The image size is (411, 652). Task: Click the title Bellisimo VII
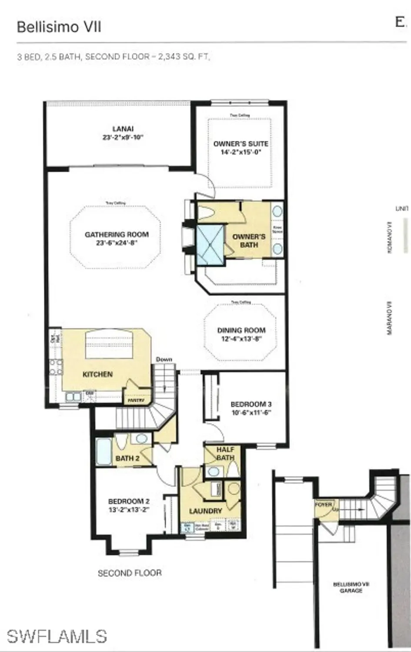pyautogui.click(x=59, y=27)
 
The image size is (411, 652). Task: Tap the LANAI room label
pyautogui.click(x=123, y=129)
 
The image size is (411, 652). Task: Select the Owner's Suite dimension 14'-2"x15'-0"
pyautogui.click(x=241, y=152)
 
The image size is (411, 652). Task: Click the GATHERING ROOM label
pyautogui.click(x=117, y=234)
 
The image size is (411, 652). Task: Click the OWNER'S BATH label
pyautogui.click(x=249, y=241)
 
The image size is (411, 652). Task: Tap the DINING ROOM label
pyautogui.click(x=241, y=330)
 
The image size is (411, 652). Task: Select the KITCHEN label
pyautogui.click(x=97, y=374)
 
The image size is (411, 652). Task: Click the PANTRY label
pyautogui.click(x=136, y=400)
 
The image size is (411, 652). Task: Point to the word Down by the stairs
pyautogui.click(x=164, y=359)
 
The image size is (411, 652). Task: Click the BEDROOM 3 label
pyautogui.click(x=251, y=404)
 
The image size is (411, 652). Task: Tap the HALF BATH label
pyautogui.click(x=225, y=453)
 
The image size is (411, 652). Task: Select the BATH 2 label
pyautogui.click(x=127, y=458)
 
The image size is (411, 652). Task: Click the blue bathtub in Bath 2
pyautogui.click(x=104, y=452)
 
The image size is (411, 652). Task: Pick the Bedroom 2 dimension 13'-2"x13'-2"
pyautogui.click(x=129, y=509)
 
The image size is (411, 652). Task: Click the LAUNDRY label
pyautogui.click(x=205, y=511)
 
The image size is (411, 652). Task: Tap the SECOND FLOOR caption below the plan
pyautogui.click(x=130, y=573)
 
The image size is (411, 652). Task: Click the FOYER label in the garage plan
pyautogui.click(x=323, y=505)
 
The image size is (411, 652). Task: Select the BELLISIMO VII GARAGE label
pyautogui.click(x=351, y=587)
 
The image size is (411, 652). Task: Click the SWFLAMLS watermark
pyautogui.click(x=57, y=636)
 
